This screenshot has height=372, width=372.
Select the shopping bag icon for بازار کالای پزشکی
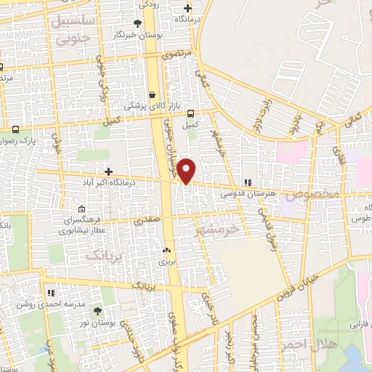pos(152,94)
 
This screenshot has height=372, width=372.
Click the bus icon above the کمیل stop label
pos(190,113)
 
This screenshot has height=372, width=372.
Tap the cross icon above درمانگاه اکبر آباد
pos(108,172)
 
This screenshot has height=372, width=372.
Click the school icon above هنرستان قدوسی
pos(248,182)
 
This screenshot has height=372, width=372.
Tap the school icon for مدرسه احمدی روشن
pos(51,293)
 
